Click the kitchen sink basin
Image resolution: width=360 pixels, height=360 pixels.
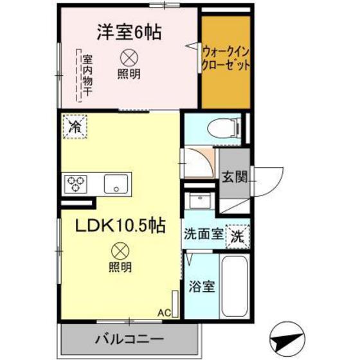click(x=116, y=184)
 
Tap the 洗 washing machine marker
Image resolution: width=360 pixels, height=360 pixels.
click(x=237, y=235)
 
